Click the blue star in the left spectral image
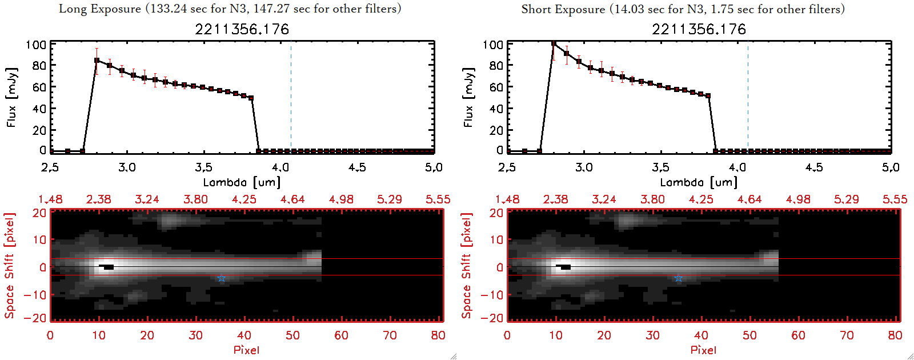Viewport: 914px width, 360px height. tap(222, 278)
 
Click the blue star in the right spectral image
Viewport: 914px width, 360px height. tap(679, 278)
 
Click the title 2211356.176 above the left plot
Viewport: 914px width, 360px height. tap(242, 29)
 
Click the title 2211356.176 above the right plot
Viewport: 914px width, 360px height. tap(699, 29)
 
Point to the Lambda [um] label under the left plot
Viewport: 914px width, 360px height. tap(242, 182)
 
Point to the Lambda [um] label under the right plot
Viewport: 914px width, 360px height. tap(699, 182)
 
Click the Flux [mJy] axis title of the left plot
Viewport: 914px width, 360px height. tap(12, 97)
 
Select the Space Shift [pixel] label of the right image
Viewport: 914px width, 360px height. tap(467, 266)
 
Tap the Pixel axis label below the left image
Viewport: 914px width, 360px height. tap(246, 350)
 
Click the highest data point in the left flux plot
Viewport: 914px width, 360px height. tap(97, 60)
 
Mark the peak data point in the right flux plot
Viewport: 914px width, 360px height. tap(554, 43)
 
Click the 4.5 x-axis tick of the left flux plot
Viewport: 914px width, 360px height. tap(357, 167)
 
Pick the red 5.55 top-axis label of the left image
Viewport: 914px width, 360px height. tap(438, 199)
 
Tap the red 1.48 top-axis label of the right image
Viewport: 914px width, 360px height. tap(507, 199)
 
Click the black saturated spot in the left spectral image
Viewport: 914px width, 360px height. tap(107, 267)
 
